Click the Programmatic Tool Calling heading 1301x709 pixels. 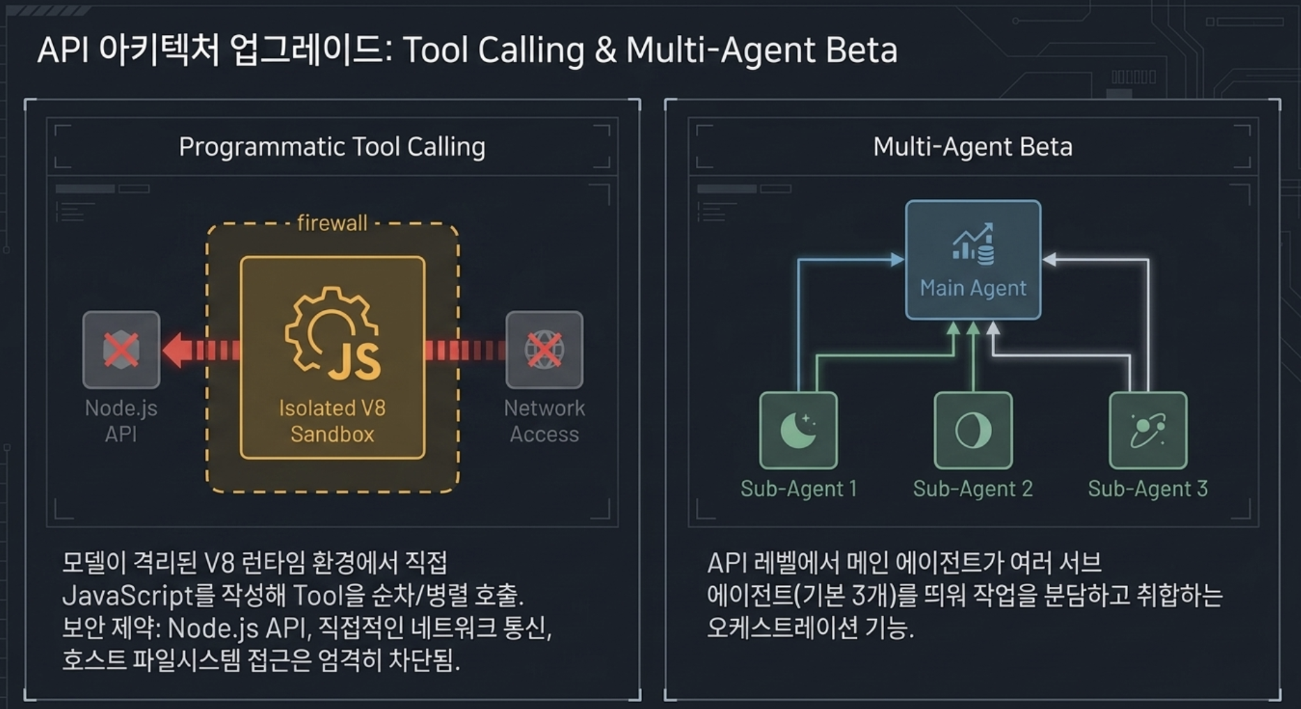click(332, 147)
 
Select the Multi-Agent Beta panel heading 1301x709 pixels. click(973, 147)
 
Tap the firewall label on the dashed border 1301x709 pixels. click(332, 223)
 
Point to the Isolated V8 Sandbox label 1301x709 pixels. click(333, 421)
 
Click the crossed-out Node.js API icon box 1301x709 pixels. click(121, 350)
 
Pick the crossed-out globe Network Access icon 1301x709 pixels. click(545, 350)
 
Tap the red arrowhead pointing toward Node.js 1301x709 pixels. click(177, 350)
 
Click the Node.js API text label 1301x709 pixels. click(121, 421)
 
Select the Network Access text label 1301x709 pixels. click(545, 421)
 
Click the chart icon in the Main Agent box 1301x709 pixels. click(973, 244)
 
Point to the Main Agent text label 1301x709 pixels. click(973, 288)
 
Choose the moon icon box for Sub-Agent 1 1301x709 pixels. click(798, 430)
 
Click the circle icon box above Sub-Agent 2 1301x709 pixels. click(973, 430)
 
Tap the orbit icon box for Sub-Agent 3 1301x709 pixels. click(1148, 430)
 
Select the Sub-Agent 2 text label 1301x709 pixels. click(973, 488)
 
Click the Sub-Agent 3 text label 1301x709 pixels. click(1148, 488)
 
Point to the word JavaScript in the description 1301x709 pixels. click(128, 595)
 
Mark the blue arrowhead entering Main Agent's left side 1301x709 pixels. click(898, 260)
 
